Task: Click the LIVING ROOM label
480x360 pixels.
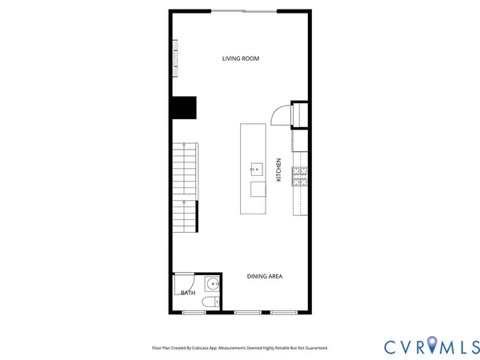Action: (x=240, y=58)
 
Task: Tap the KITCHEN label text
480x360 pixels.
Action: (x=278, y=170)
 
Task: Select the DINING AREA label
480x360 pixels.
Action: (x=264, y=277)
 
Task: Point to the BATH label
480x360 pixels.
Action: (x=187, y=293)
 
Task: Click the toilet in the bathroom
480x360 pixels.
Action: (x=209, y=302)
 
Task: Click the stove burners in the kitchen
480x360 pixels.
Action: (x=301, y=176)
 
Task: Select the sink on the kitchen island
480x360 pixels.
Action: (x=258, y=168)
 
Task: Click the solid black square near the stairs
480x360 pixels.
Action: (x=184, y=107)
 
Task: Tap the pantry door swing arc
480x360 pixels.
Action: (x=279, y=116)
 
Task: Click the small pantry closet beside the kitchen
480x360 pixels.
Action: (x=300, y=115)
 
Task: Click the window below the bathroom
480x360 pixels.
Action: (x=194, y=312)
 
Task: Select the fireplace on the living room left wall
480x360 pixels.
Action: (x=174, y=58)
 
